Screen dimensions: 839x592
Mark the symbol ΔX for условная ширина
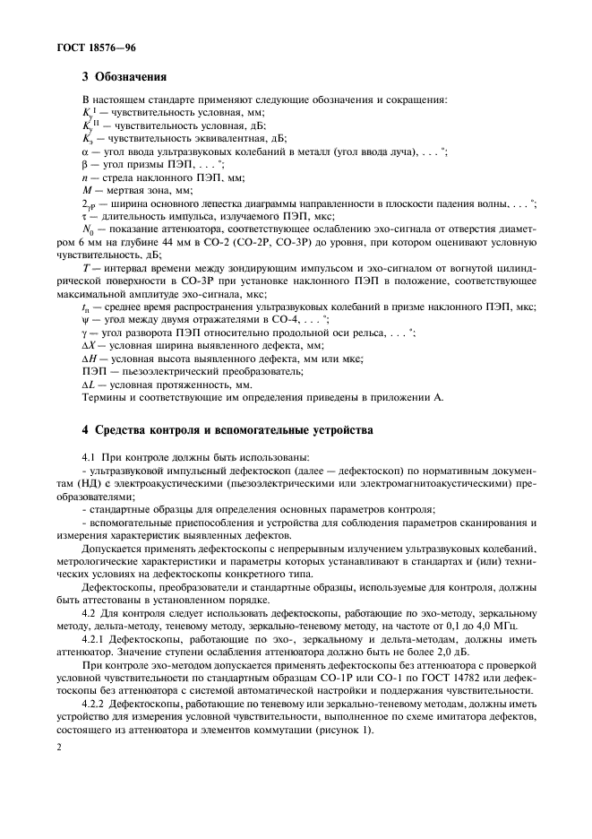click(x=89, y=345)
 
